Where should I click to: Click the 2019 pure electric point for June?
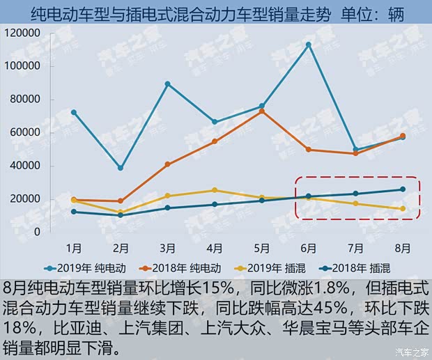coord(308,45)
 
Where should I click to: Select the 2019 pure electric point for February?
coord(121,168)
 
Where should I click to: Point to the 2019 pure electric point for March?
coord(168,84)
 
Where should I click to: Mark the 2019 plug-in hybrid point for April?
coord(215,190)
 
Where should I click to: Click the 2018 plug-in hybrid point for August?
coord(402,189)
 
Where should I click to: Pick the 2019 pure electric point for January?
coord(73,112)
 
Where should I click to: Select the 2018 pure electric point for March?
coord(168,164)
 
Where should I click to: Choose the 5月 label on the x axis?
coord(261,247)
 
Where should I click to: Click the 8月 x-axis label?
coord(402,247)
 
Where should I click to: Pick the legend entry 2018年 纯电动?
coord(183,267)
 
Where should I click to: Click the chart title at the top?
coord(216,14)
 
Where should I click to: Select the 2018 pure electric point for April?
coord(215,141)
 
